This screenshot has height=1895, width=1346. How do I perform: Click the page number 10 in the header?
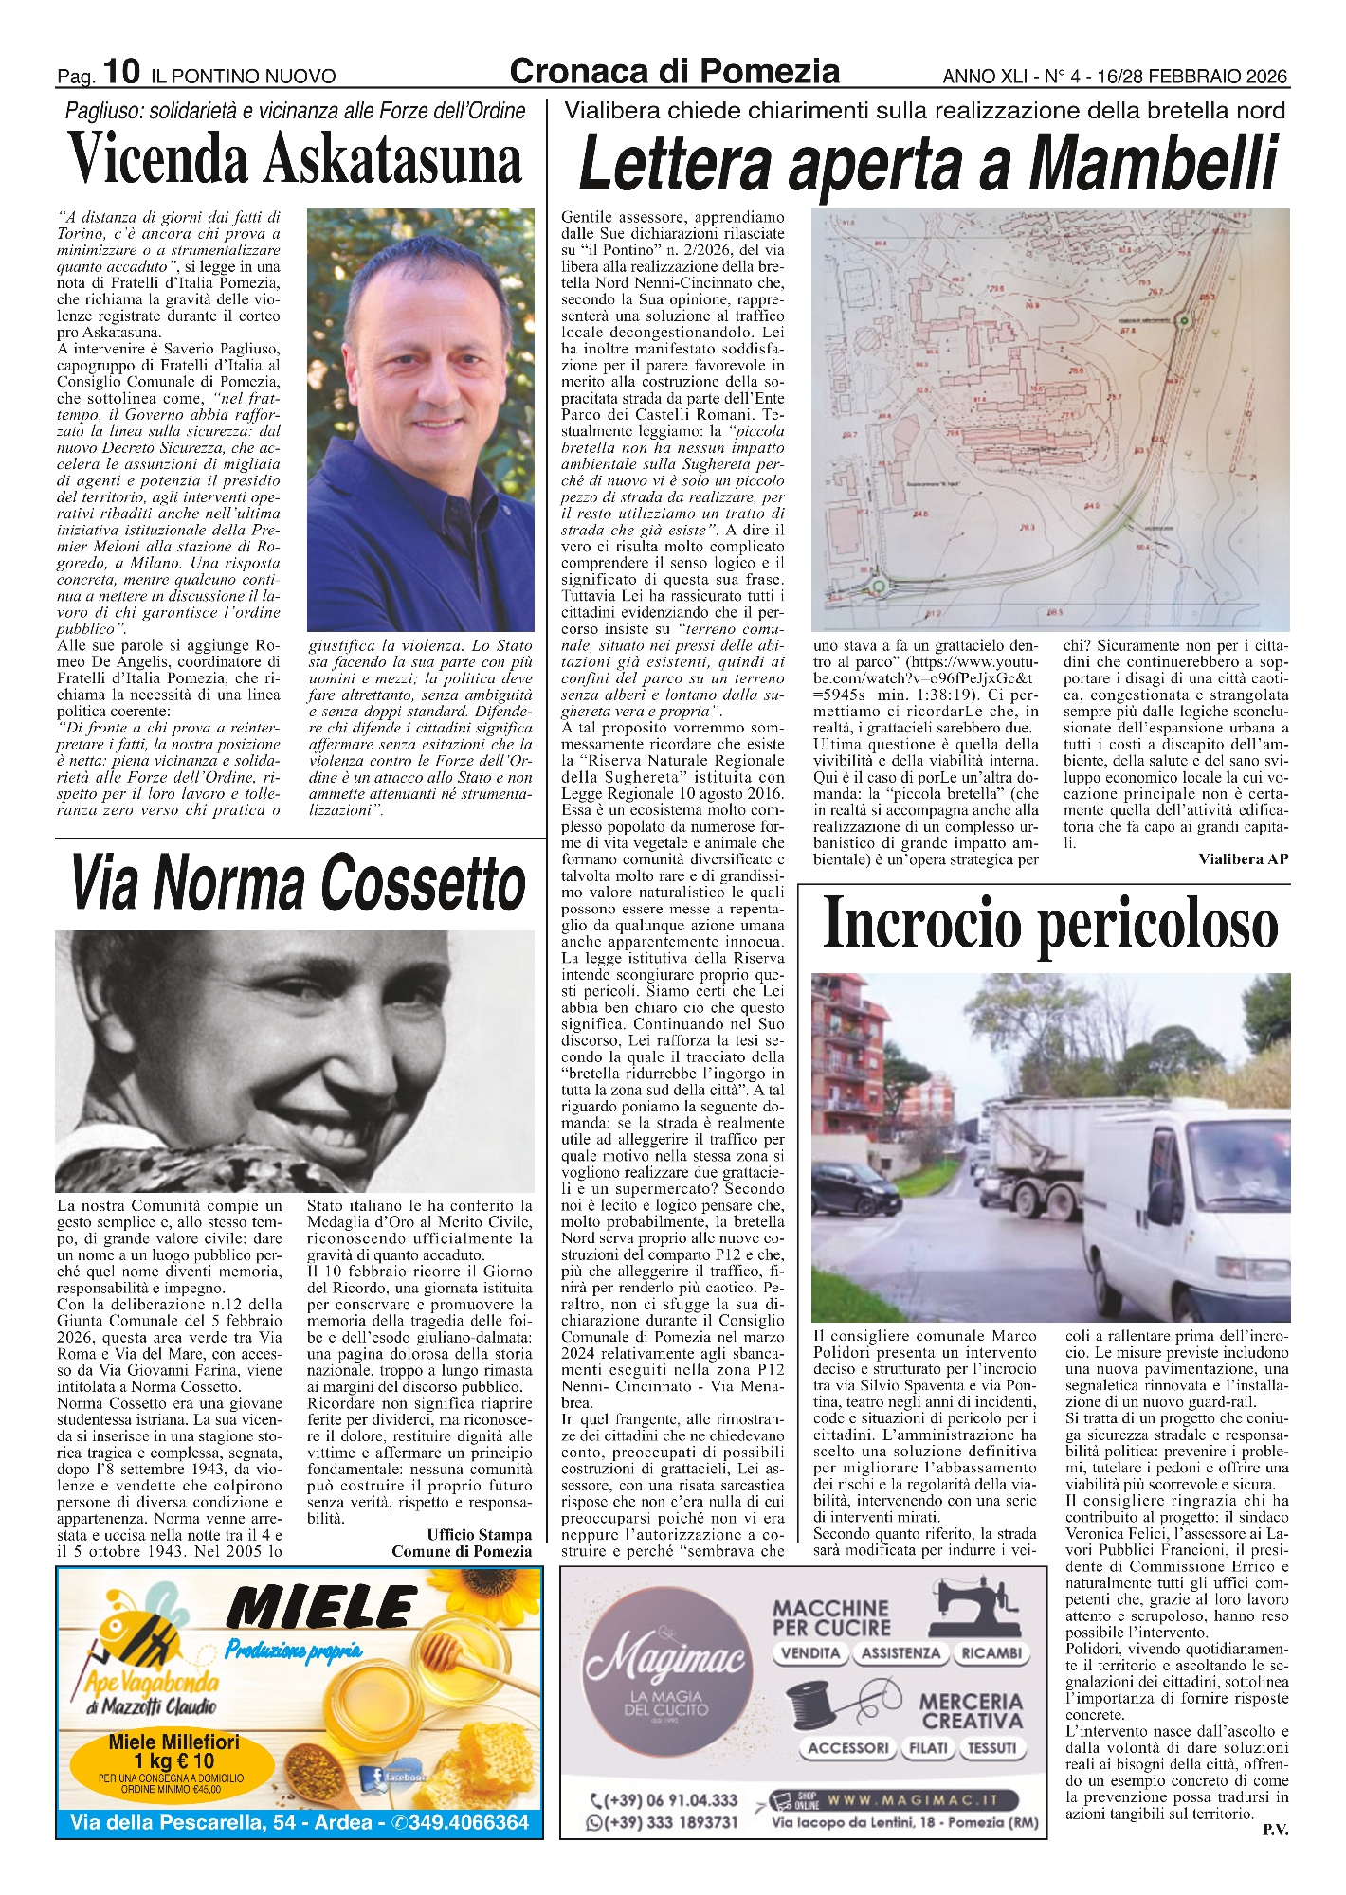122,71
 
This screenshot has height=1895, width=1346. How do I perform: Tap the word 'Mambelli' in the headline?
1153,163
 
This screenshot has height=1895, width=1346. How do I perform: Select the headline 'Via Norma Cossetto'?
298,883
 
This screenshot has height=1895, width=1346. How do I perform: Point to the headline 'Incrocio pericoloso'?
1050,924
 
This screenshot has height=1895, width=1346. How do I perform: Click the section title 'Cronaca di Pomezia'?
674,71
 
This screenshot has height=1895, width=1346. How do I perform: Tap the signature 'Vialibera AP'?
1243,859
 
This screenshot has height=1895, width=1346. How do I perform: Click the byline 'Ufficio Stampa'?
479,1535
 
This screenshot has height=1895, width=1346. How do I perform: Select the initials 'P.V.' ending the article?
1275,1830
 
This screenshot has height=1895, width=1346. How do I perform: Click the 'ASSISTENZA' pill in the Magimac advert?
900,1653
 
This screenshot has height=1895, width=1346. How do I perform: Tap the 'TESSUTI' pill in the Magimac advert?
991,1748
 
